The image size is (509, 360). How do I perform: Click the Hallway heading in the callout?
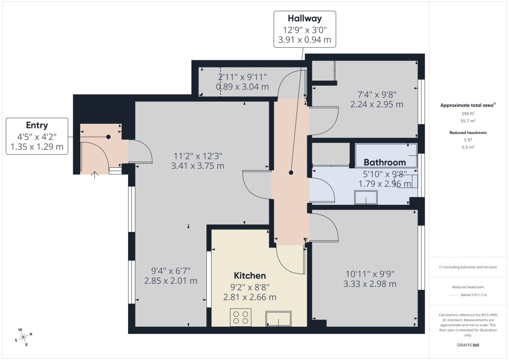click(x=304, y=19)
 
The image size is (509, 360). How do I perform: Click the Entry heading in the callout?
click(x=37, y=126)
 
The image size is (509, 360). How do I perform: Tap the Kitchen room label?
click(x=250, y=276)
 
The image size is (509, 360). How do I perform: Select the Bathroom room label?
click(x=385, y=163)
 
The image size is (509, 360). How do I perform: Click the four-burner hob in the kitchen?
click(x=241, y=318)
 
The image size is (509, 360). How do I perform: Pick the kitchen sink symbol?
click(x=278, y=319)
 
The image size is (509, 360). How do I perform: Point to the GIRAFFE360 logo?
click(x=468, y=345)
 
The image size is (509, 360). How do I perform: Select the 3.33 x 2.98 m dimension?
click(x=370, y=284)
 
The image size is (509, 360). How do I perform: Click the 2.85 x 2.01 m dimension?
click(x=170, y=281)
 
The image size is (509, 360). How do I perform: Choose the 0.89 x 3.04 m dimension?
click(x=242, y=87)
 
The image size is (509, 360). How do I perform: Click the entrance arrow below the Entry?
click(x=94, y=175)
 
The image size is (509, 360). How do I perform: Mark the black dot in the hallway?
click(x=291, y=172)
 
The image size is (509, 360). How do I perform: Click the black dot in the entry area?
click(x=108, y=137)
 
